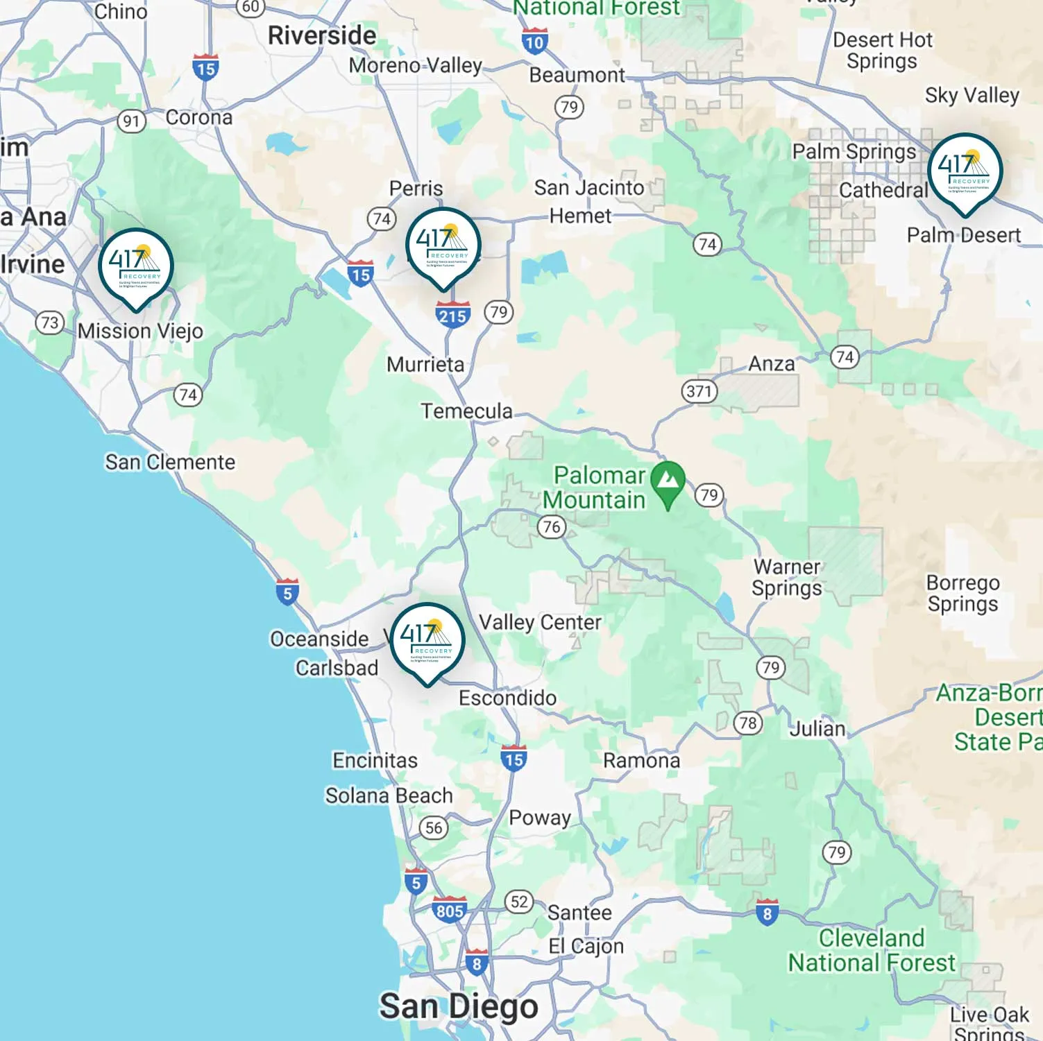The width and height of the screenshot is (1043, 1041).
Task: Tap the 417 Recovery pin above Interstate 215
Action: click(443, 246)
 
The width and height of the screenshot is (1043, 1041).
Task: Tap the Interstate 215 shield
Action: click(452, 316)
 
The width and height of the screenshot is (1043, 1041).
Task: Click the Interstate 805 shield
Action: click(449, 910)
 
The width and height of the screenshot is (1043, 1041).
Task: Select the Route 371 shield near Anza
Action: click(699, 391)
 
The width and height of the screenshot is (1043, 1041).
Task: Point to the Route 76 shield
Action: click(552, 526)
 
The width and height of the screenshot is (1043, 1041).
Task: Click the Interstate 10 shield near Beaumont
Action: click(534, 42)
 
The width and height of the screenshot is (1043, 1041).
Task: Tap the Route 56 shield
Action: click(434, 827)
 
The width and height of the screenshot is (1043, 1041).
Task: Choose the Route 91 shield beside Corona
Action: click(131, 121)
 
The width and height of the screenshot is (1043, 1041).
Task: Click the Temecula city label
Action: click(466, 411)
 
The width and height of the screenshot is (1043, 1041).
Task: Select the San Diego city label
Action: click(458, 1006)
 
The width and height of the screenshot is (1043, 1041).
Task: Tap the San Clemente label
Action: click(170, 462)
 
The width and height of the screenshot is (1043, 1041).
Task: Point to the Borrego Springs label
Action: click(963, 593)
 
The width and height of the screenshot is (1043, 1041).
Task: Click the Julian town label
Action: click(817, 729)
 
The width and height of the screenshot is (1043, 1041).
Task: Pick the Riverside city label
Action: click(322, 35)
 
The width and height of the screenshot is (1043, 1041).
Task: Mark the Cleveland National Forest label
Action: click(872, 950)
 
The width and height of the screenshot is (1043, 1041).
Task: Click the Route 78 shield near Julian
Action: click(748, 723)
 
